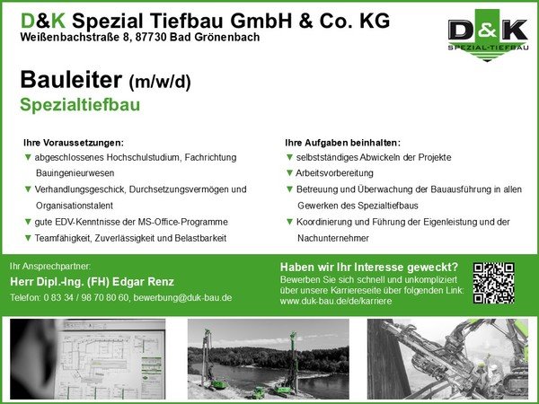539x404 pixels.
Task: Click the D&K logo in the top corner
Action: pyautogui.click(x=488, y=35)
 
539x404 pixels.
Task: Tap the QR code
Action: pyautogui.click(x=493, y=283)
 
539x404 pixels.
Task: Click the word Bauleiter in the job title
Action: pyautogui.click(x=71, y=80)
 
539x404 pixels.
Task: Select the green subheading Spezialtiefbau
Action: pyautogui.click(x=80, y=105)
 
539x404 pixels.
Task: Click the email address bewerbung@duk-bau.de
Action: pyautogui.click(x=182, y=297)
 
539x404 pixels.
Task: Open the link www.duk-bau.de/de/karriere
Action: pyautogui.click(x=336, y=302)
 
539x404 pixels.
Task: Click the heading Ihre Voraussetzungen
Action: pyautogui.click(x=74, y=143)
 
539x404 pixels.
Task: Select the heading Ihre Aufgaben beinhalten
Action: pyautogui.click(x=343, y=143)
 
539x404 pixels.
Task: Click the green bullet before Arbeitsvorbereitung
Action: pyautogui.click(x=289, y=172)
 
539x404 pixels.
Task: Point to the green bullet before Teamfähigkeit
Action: pyautogui.click(x=28, y=238)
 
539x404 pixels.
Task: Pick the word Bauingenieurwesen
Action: pyautogui.click(x=75, y=173)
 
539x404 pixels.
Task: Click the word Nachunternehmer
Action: pyautogui.click(x=333, y=238)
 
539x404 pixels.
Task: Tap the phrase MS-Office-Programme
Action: pyautogui.click(x=183, y=222)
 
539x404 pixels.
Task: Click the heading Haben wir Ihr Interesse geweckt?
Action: pyautogui.click(x=369, y=267)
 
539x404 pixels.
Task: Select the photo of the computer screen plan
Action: pyautogui.click(x=88, y=358)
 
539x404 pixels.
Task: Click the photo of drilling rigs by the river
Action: pyautogui.click(x=268, y=358)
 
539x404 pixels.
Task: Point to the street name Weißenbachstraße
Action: pyautogui.click(x=69, y=37)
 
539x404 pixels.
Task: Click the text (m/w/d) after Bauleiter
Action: pyautogui.click(x=160, y=83)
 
